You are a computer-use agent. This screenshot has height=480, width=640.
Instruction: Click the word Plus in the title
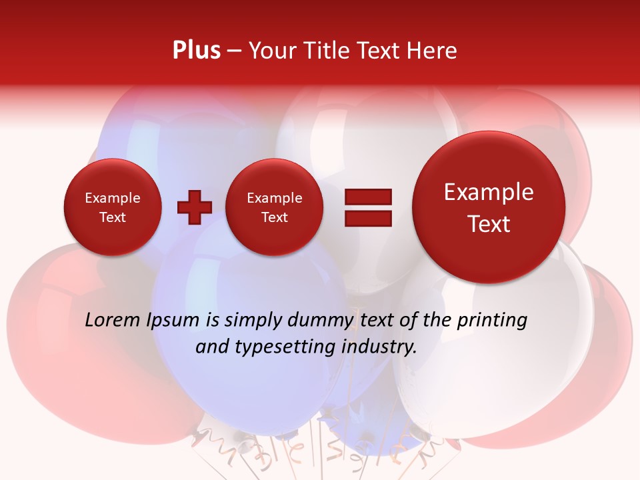(x=196, y=51)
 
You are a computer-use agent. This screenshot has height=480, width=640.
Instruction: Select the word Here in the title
(x=433, y=51)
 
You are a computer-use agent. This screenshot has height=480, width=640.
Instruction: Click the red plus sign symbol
(x=194, y=207)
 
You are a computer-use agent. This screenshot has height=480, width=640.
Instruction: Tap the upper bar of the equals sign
(x=367, y=197)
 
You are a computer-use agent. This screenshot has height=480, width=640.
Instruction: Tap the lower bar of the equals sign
(x=367, y=217)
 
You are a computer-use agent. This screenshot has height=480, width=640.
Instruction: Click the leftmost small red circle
(x=112, y=207)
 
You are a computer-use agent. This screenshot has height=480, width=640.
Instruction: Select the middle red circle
(x=274, y=207)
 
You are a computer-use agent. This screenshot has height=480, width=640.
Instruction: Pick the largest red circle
(x=489, y=207)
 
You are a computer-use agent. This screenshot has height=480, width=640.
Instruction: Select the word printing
(x=491, y=321)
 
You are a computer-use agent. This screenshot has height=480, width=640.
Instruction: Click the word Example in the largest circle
(x=489, y=192)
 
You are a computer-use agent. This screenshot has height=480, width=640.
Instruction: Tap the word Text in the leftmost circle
(x=112, y=217)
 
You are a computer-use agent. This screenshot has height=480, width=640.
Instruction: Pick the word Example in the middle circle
(x=274, y=198)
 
